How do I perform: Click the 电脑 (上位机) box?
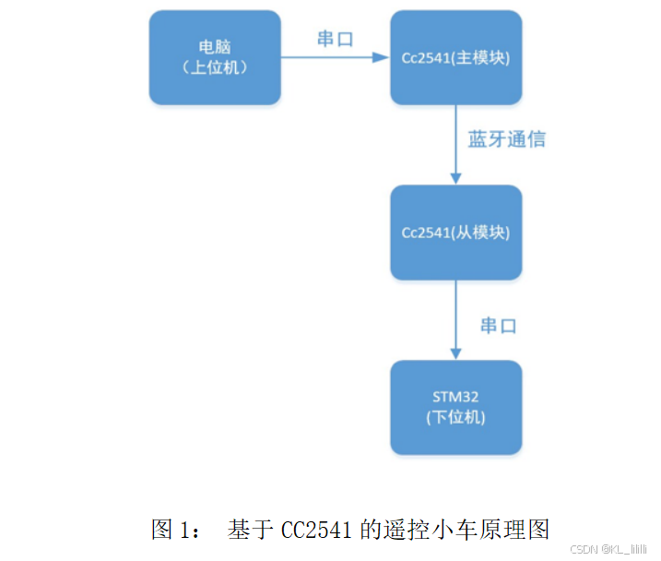point(215,57)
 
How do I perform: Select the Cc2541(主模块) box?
point(455,57)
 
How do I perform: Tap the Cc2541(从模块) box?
point(455,233)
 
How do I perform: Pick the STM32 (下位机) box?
point(455,407)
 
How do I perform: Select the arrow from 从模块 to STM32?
point(455,319)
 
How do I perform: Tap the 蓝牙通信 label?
point(506,139)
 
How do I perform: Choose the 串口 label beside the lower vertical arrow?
point(498,325)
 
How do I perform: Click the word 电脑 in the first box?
point(215,47)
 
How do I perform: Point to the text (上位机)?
point(215,67)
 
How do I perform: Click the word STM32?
point(455,397)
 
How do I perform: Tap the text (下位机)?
point(455,417)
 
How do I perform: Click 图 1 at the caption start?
point(174,530)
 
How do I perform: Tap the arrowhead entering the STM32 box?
point(455,353)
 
